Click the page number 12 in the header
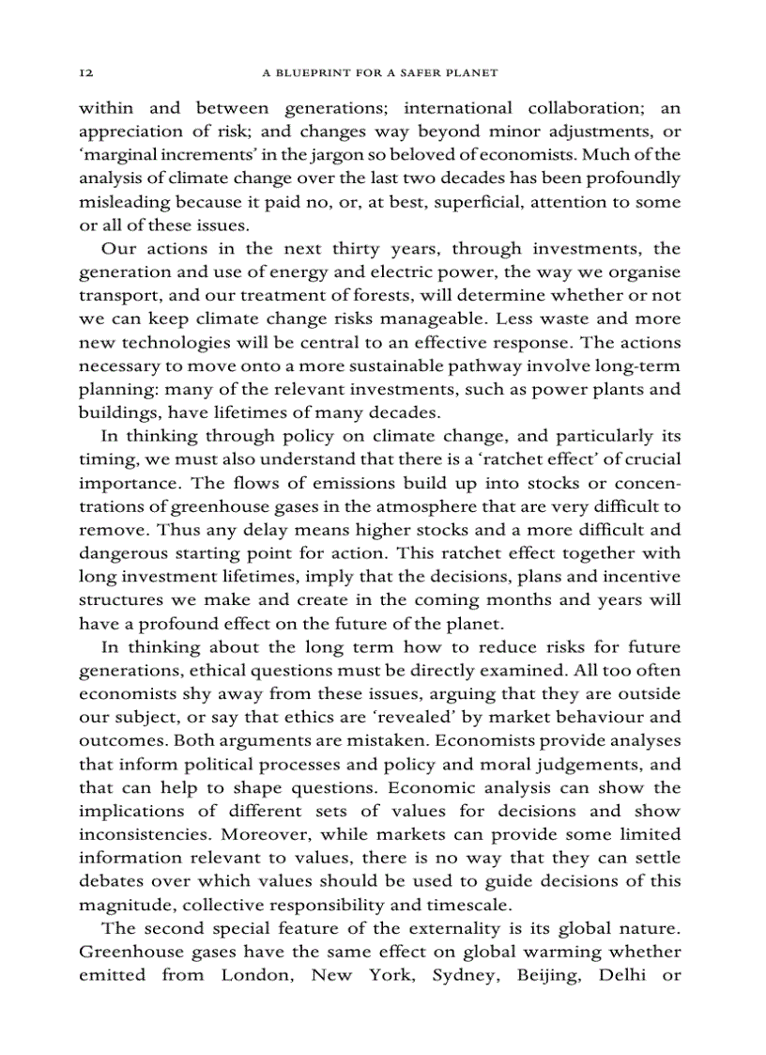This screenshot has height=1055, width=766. click(x=84, y=72)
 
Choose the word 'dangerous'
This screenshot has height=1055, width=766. click(x=121, y=553)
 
